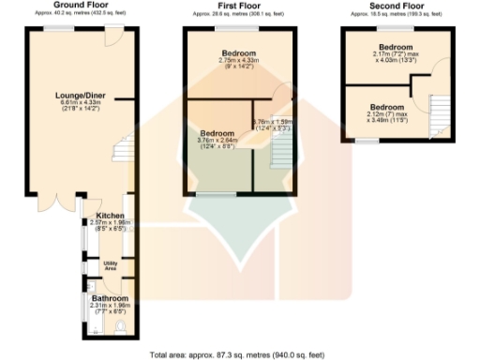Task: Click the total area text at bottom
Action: [238, 354]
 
